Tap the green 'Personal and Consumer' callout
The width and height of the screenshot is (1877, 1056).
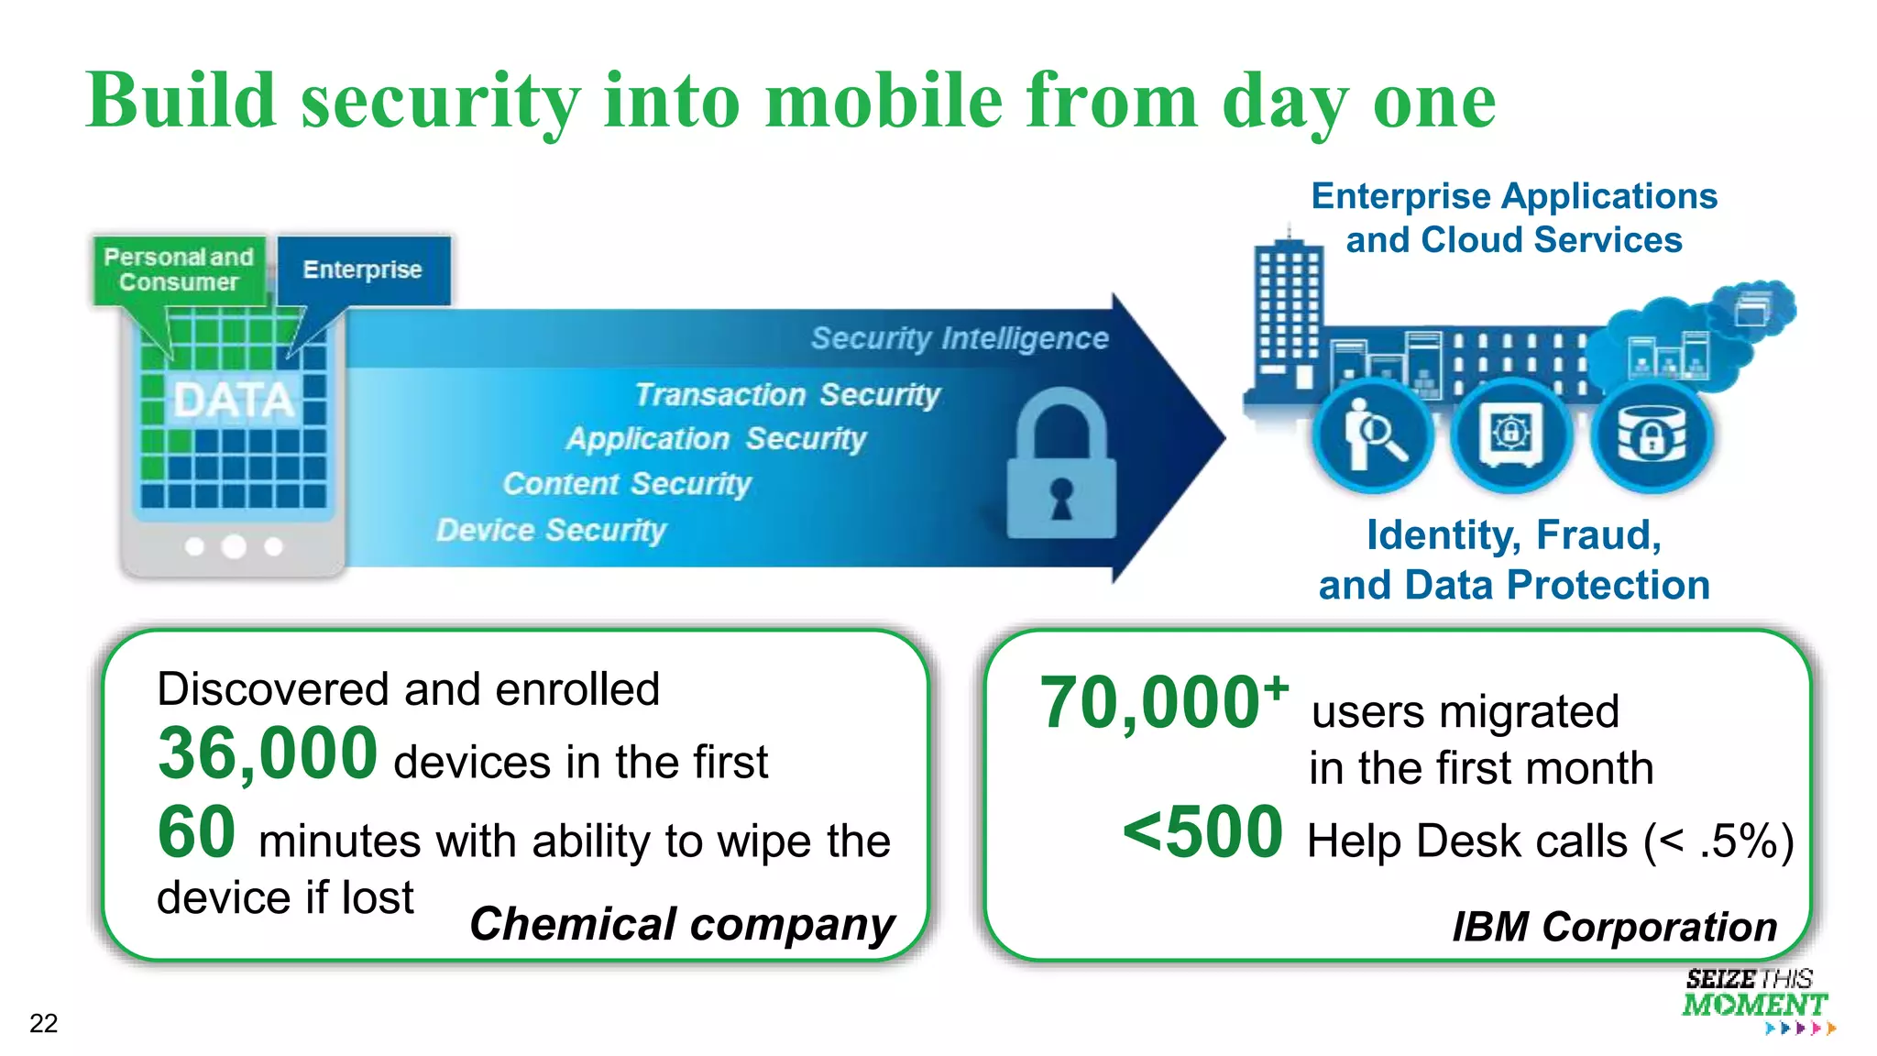pos(179,269)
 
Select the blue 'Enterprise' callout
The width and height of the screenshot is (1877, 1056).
pos(363,269)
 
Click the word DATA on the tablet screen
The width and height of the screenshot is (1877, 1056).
pos(234,400)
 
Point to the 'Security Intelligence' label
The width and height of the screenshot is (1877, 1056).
pos(960,338)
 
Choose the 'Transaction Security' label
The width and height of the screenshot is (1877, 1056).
pos(787,394)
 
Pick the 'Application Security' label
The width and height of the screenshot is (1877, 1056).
pos(716,438)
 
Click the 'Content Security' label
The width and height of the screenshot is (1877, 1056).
pos(627,483)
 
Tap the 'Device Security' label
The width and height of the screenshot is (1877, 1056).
pos(551,530)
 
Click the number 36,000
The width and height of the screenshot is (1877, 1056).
pos(268,753)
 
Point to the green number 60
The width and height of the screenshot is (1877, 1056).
pos(196,832)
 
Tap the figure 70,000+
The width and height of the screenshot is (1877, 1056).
pos(1163,702)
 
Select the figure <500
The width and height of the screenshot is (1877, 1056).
pos(1202,832)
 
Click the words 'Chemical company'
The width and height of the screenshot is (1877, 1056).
pos(682,924)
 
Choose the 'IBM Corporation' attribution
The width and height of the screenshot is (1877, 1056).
pos(1614,927)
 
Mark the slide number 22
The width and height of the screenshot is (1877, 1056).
pos(44,1023)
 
